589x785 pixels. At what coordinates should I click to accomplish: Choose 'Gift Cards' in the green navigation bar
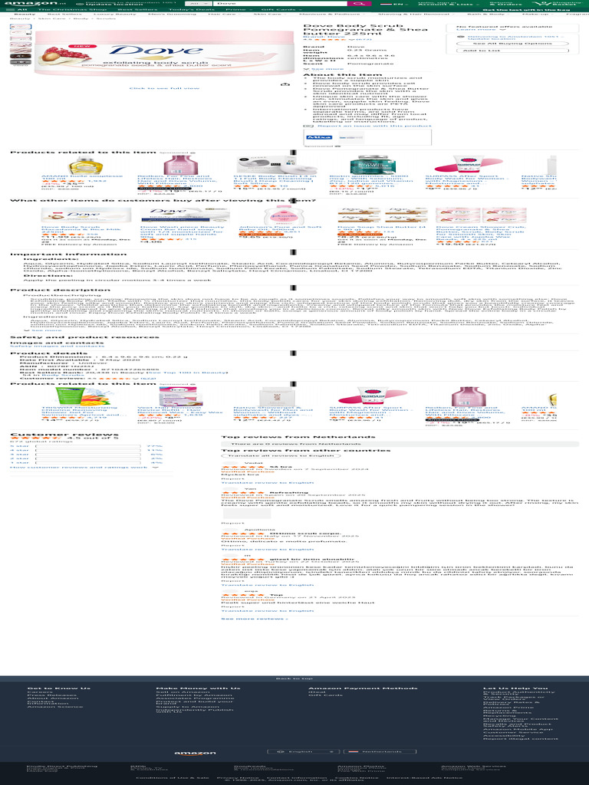(279, 10)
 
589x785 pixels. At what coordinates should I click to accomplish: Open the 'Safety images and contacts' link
(42, 346)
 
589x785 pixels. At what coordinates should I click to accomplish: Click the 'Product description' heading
(49, 290)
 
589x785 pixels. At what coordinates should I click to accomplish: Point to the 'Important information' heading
(52, 253)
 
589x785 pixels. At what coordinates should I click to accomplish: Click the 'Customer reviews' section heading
(53, 435)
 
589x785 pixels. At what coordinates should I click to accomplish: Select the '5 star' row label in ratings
(19, 446)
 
